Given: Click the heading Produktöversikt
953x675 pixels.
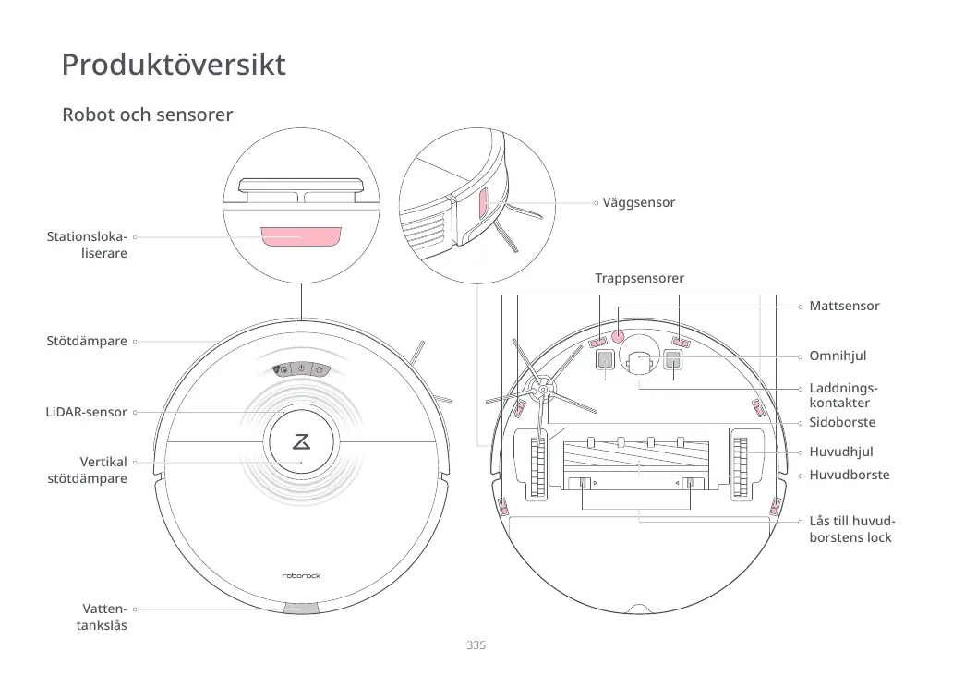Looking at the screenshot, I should [174, 66].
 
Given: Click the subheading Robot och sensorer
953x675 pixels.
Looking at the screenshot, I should [147, 115].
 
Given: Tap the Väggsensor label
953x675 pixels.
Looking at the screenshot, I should [638, 202].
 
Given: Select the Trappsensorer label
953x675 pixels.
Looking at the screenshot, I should [639, 278].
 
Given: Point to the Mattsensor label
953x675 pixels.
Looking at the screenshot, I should [844, 306].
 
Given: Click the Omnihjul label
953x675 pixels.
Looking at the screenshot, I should [838, 356].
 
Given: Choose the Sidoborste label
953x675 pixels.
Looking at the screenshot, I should [841, 422].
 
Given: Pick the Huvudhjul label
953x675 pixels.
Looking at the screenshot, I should [840, 452].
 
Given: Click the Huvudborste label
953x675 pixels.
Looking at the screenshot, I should [849, 475].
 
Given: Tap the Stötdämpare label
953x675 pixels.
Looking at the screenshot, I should [87, 342].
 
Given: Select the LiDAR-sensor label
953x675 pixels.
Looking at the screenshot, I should [86, 412].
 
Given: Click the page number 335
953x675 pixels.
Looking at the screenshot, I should [476, 645].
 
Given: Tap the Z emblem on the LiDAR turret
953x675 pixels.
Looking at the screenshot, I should [301, 441].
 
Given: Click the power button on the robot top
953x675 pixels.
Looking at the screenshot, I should [301, 369].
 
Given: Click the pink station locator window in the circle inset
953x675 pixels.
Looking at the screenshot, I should [301, 236].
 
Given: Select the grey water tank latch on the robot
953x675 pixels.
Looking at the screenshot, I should [301, 609].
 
